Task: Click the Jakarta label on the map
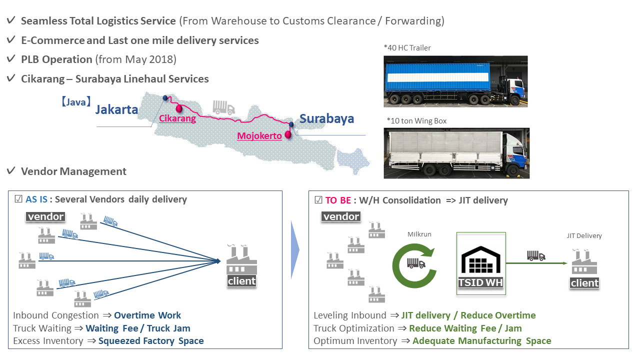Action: tap(116, 109)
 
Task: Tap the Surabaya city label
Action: tap(326, 118)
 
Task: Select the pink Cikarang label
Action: tap(177, 119)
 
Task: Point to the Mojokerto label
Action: tap(259, 136)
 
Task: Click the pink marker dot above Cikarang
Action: tap(178, 108)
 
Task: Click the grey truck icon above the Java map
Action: tap(223, 107)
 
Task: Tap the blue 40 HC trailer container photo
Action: tap(455, 81)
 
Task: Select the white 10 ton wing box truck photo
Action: tap(456, 153)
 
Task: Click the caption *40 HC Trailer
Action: tap(407, 48)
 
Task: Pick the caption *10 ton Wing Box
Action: tap(416, 120)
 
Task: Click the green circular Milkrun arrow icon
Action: tap(414, 262)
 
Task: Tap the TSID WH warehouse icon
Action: tap(480, 262)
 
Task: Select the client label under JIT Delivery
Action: tap(584, 283)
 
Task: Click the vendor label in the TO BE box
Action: tap(341, 216)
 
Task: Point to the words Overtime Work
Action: tap(147, 315)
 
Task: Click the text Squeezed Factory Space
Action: tap(151, 341)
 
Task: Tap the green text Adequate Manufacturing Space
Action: tap(482, 341)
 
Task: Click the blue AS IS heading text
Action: tap(36, 199)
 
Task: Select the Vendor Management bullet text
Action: tap(73, 171)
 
